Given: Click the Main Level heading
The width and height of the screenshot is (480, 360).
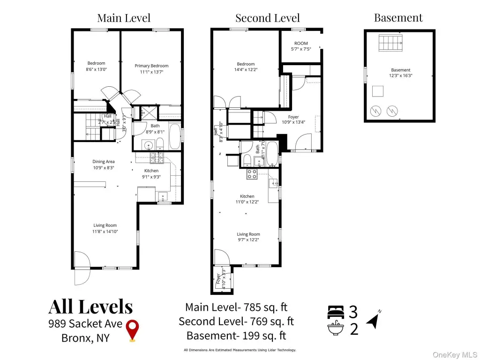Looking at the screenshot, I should click(124, 18).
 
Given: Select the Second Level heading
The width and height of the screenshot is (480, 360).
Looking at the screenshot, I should click(267, 18).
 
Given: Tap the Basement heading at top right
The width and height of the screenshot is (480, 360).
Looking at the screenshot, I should click(398, 18).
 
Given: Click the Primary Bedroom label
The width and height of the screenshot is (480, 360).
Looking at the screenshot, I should click(151, 68).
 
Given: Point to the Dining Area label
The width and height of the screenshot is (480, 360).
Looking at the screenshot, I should click(104, 165).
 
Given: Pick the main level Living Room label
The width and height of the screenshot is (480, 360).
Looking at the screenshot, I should click(105, 228).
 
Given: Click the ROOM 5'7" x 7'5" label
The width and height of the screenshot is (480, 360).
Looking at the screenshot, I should click(301, 46).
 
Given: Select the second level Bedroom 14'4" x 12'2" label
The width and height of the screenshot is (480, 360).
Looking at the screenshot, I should click(246, 67).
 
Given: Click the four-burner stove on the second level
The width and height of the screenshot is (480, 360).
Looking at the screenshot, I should click(252, 174).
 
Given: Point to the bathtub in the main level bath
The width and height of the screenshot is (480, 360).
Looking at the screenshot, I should click(172, 135).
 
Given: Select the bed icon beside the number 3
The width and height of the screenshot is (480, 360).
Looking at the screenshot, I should click(336, 311).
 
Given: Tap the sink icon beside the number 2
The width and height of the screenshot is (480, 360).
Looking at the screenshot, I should click(336, 329).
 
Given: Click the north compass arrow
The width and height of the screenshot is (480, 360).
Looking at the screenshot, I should click(373, 321).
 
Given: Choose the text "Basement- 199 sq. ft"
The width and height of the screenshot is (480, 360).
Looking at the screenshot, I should click(236, 336).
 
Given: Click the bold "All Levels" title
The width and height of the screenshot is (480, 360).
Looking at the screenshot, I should click(90, 307).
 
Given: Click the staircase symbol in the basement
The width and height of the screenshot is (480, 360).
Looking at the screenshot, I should click(391, 43).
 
